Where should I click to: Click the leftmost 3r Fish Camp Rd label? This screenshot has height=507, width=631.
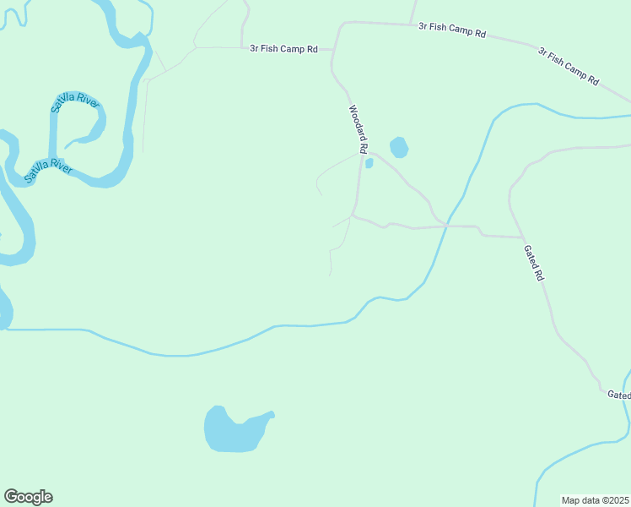[283, 49]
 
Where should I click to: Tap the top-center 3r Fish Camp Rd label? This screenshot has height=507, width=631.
[452, 30]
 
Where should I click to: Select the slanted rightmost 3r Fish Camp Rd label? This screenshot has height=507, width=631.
[569, 66]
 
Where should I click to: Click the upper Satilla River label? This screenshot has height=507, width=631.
[76, 105]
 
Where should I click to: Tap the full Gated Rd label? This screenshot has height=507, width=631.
[534, 264]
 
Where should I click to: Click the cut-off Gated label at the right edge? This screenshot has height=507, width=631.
[618, 395]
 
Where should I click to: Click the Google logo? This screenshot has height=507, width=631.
[28, 497]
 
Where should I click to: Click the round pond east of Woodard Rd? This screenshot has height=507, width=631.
[399, 148]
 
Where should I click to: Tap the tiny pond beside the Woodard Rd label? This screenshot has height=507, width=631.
[369, 163]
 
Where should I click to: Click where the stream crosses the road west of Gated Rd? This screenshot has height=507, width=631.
[445, 226]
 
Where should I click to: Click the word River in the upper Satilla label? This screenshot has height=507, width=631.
[88, 100]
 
